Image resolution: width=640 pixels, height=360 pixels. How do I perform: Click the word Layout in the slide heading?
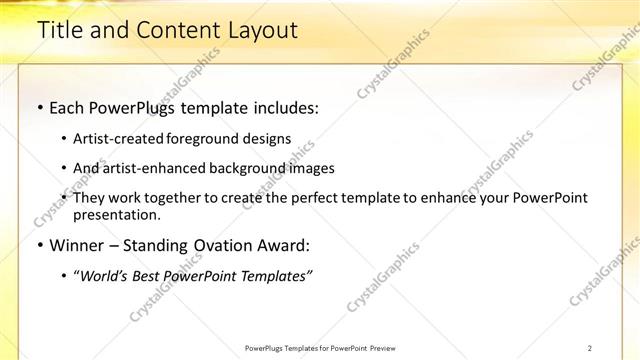[x=262, y=31]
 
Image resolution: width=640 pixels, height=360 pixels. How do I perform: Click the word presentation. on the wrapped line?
[x=116, y=214]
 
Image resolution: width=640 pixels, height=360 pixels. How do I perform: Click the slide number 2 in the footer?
[x=590, y=348]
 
